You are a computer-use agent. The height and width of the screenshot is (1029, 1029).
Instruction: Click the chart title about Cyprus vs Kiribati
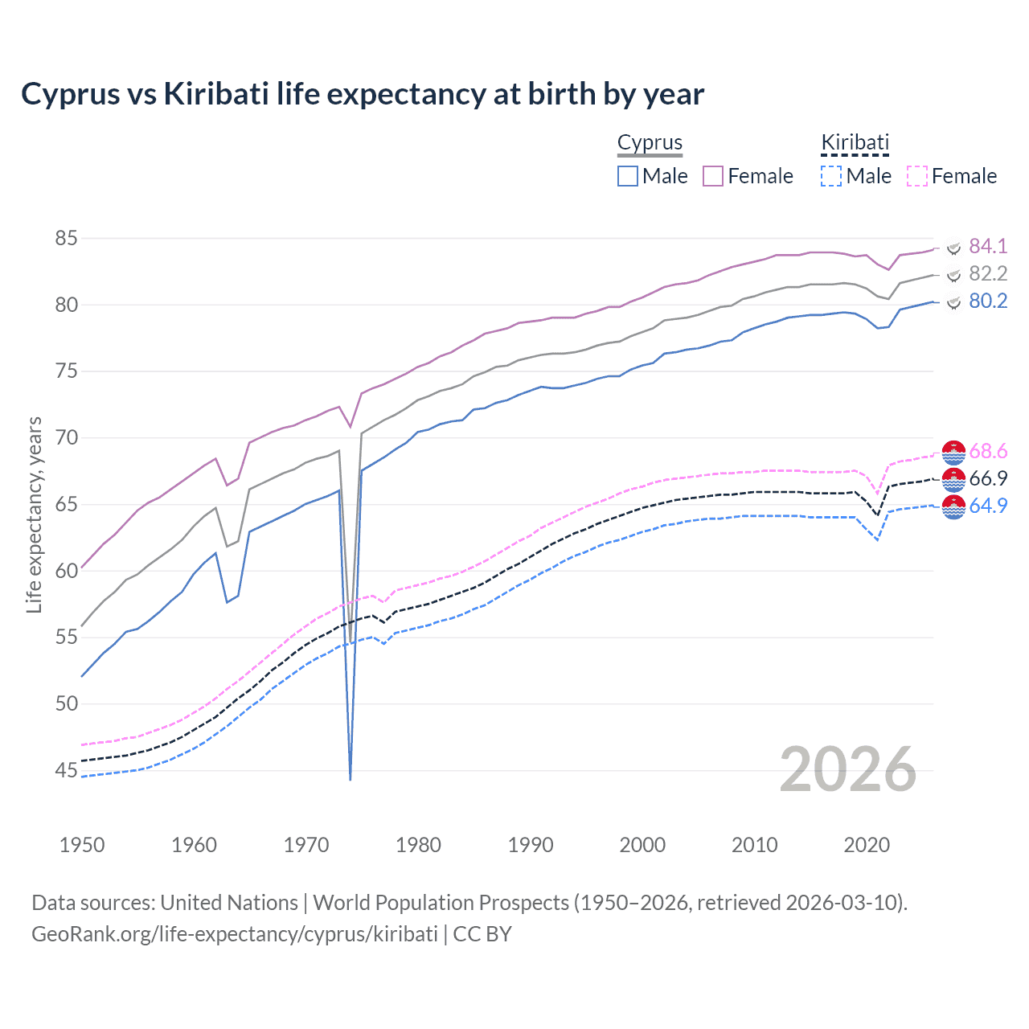click(x=363, y=94)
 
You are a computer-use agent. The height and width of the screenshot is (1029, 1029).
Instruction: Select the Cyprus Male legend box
click(x=628, y=176)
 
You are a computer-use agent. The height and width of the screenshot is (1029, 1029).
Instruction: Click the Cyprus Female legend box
click(x=713, y=176)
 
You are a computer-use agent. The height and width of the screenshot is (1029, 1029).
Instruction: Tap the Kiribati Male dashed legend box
click(x=831, y=176)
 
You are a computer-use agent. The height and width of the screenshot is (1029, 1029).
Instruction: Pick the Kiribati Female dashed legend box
click(x=917, y=176)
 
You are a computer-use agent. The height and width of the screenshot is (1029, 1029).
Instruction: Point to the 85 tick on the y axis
click(x=66, y=239)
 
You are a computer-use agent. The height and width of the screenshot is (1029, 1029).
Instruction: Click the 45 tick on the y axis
click(x=66, y=771)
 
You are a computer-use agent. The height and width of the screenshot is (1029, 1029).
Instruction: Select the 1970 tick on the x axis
click(x=306, y=845)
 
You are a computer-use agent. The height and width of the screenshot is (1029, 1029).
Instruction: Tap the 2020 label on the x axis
click(x=867, y=845)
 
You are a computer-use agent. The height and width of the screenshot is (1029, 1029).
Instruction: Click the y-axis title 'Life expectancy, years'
click(x=34, y=514)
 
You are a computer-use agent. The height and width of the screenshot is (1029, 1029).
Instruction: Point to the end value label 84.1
click(x=988, y=246)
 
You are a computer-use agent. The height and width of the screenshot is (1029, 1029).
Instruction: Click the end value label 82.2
click(x=988, y=273)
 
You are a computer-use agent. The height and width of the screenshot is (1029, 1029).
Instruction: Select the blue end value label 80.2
click(x=988, y=301)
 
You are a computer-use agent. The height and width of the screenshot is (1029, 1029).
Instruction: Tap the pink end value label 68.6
click(x=988, y=451)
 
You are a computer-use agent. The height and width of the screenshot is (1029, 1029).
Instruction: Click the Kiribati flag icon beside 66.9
click(x=953, y=479)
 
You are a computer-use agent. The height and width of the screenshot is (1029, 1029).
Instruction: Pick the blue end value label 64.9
click(x=988, y=506)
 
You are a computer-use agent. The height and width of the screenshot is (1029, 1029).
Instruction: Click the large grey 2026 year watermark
click(x=848, y=769)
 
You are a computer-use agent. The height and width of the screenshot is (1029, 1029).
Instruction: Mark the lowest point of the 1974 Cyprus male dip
click(x=351, y=779)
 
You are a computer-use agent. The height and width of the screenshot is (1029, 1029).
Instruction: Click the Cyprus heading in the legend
click(x=650, y=142)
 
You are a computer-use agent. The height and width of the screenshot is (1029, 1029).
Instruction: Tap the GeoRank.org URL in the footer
click(x=235, y=934)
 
